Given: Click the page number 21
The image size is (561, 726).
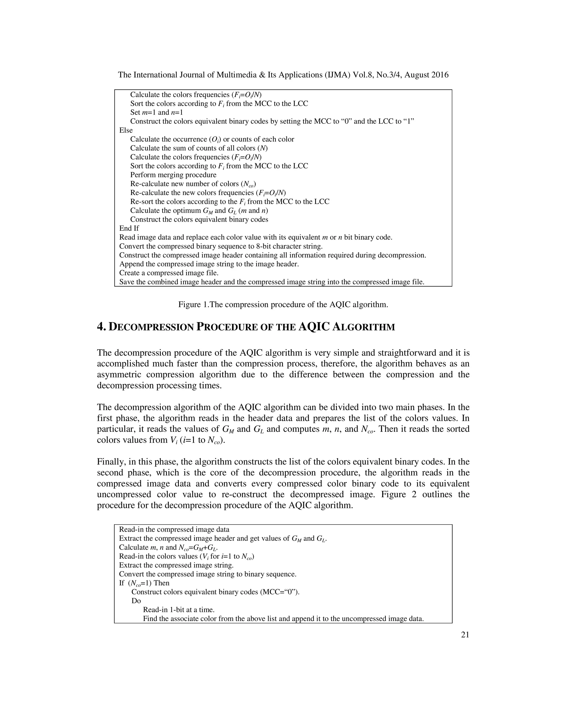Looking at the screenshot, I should click(x=465, y=634).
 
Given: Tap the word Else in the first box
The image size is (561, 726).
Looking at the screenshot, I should click(x=126, y=130).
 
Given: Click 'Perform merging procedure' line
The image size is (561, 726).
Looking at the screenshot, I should click(x=173, y=175).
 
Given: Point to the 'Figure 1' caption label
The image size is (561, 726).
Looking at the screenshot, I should click(x=192, y=304).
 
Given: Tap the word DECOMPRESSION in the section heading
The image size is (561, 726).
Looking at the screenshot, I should click(x=151, y=327).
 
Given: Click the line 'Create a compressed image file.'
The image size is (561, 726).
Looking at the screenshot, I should click(x=169, y=273).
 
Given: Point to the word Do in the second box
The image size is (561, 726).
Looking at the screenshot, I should click(x=136, y=601).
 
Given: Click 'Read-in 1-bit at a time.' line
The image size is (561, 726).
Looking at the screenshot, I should click(x=179, y=610).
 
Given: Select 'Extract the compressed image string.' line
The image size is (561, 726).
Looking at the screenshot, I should click(x=176, y=565).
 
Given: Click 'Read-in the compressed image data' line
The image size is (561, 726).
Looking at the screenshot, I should click(x=174, y=530).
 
